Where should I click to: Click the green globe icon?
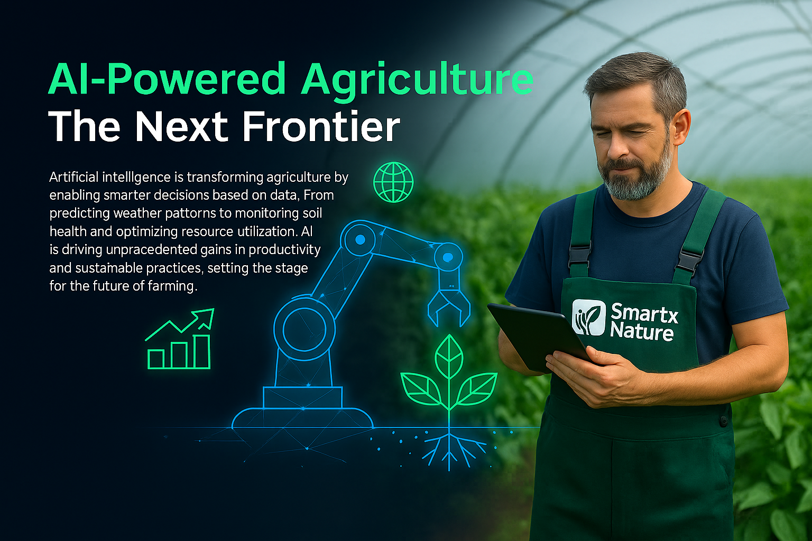coord(393,182)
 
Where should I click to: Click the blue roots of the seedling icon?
coord(449,449)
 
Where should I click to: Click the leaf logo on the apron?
coord(588,317)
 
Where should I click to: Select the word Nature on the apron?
coord(642,331)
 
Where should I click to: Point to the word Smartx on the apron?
coord(644,313)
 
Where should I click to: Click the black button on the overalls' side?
coord(723,421)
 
